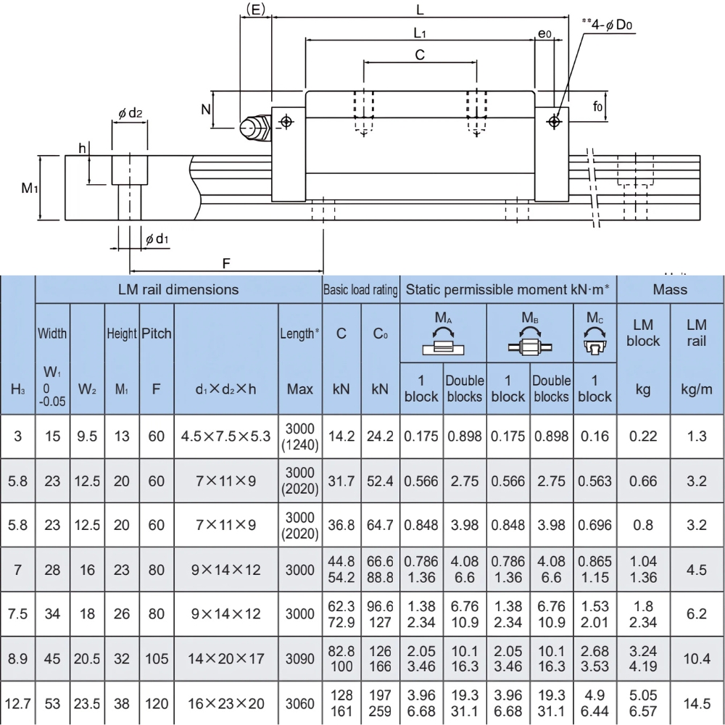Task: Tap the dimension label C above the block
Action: click(420, 55)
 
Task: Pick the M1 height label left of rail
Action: click(29, 188)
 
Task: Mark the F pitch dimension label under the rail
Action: click(227, 264)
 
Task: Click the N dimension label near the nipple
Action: click(206, 110)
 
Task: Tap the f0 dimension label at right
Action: click(598, 107)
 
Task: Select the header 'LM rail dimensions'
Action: click(178, 289)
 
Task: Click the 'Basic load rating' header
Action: click(360, 290)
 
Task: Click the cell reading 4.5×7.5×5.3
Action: click(226, 436)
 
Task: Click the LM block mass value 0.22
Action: click(643, 436)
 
